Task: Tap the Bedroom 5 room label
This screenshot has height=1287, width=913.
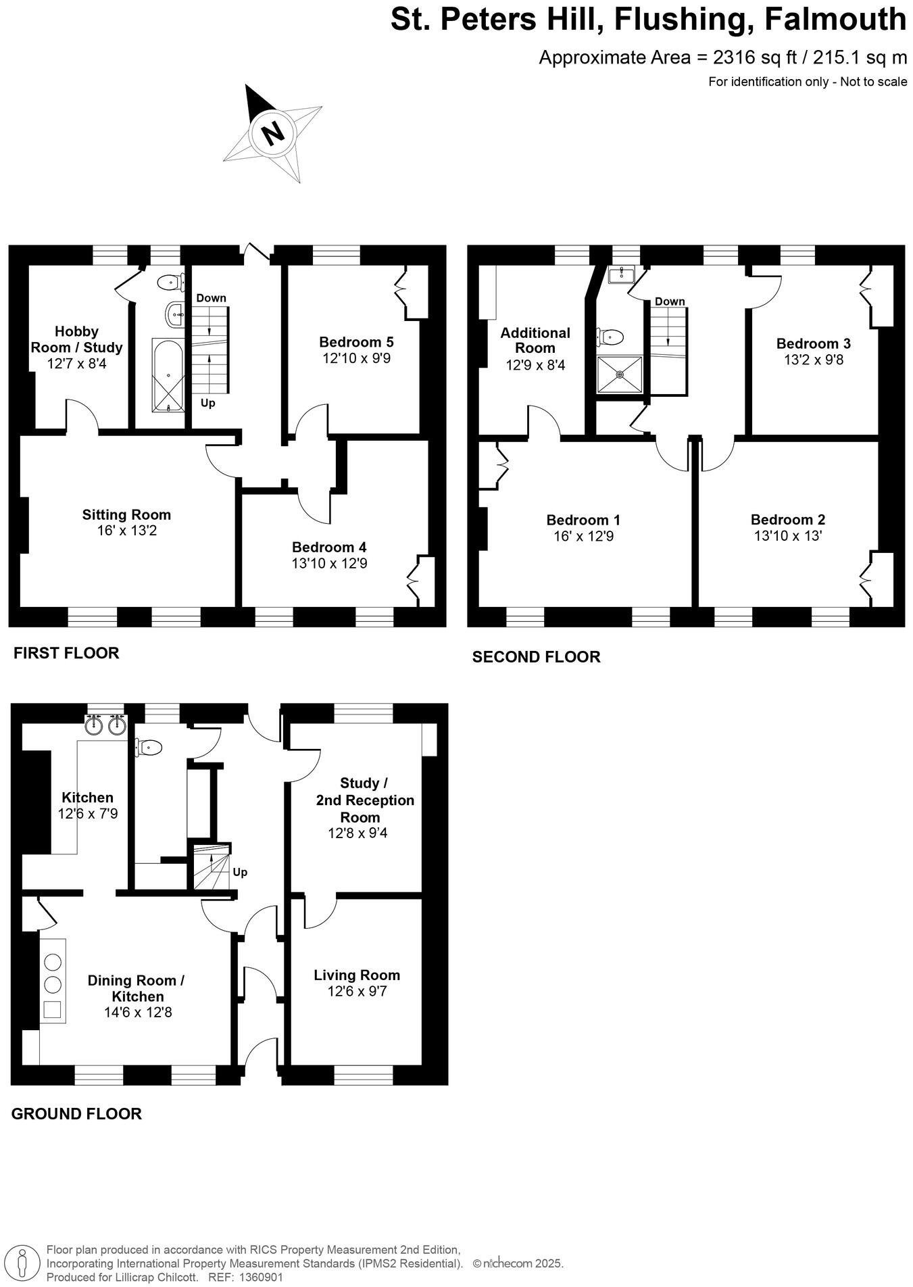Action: click(x=356, y=342)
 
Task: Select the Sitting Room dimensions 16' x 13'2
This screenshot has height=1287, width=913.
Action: click(x=126, y=531)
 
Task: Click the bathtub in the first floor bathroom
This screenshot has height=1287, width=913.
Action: click(x=168, y=375)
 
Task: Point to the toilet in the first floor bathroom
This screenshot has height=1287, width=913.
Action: click(x=171, y=281)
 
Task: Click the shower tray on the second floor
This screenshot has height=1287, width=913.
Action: click(x=620, y=374)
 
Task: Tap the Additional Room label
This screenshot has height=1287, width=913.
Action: click(x=535, y=340)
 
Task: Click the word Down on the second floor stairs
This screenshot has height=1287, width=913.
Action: click(x=670, y=301)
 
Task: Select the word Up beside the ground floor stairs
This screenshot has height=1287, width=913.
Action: click(x=240, y=872)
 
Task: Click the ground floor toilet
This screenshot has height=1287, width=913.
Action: click(x=149, y=747)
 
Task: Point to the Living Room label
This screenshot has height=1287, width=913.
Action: click(x=357, y=975)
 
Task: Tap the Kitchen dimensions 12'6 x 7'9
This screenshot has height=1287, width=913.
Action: click(x=88, y=814)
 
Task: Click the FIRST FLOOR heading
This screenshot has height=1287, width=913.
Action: click(x=66, y=653)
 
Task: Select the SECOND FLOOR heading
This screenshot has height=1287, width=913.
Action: click(x=536, y=657)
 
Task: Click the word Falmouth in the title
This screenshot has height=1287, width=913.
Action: click(x=835, y=19)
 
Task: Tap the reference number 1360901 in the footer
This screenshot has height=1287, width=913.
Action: click(x=260, y=1278)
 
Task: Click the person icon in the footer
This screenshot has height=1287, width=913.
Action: click(x=24, y=1263)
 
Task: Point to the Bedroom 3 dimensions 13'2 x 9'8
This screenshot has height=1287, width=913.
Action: click(x=814, y=360)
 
